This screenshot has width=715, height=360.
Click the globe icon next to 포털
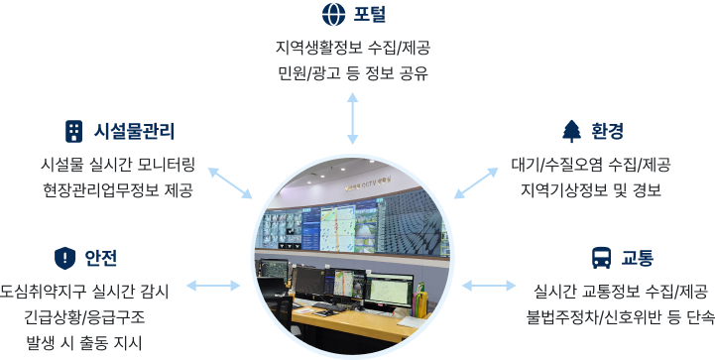click(x=332, y=15)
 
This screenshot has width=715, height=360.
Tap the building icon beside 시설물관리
click(x=72, y=130)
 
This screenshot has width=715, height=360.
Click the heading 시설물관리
click(x=134, y=130)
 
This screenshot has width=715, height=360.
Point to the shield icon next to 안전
click(x=64, y=258)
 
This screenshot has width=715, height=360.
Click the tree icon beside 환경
click(x=570, y=131)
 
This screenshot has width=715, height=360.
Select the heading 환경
click(x=608, y=131)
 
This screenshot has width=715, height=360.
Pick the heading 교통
click(x=638, y=259)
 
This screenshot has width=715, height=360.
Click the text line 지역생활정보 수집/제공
click(x=353, y=47)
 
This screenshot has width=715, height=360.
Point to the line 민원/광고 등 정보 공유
click(x=353, y=72)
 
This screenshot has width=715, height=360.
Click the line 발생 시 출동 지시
click(x=84, y=343)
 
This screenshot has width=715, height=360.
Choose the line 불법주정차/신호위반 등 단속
click(x=619, y=317)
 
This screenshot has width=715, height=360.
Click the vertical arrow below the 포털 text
click(x=353, y=119)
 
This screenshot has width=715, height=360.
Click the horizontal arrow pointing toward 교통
click(x=489, y=287)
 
